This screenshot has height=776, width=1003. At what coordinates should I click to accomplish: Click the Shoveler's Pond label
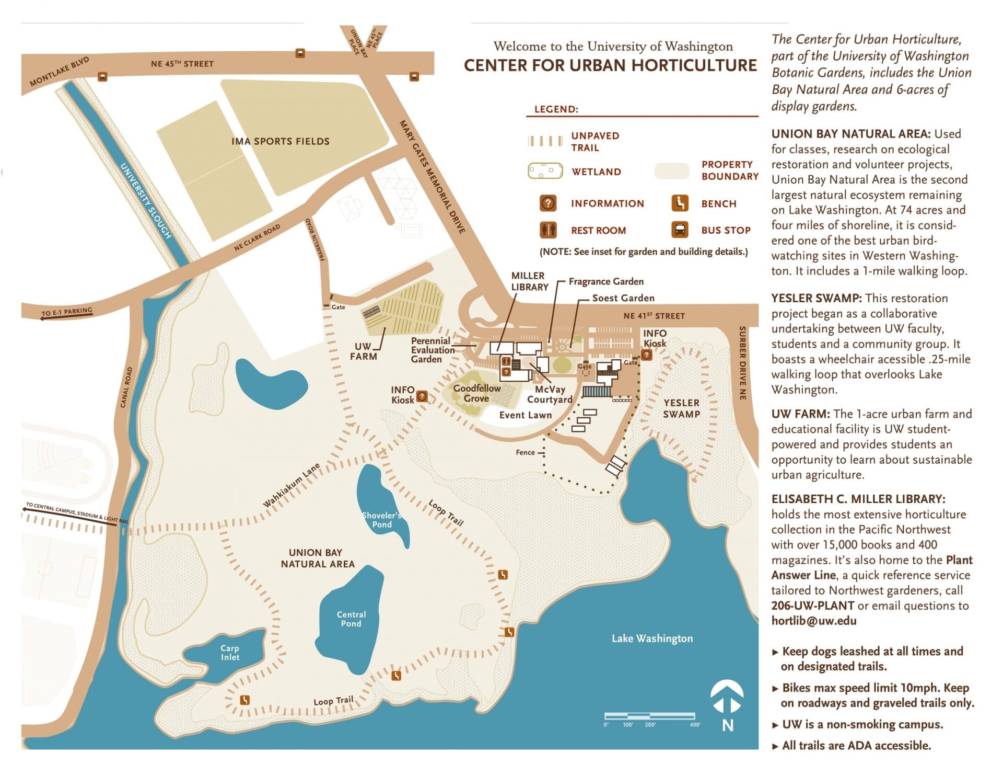pyautogui.click(x=381, y=520)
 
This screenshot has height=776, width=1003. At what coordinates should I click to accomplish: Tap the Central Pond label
pyautogui.click(x=351, y=619)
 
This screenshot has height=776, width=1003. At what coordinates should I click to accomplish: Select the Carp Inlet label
pyautogui.click(x=230, y=653)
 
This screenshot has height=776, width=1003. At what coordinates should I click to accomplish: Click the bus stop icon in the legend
pyautogui.click(x=680, y=230)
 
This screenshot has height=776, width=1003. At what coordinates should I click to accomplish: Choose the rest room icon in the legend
pyautogui.click(x=548, y=230)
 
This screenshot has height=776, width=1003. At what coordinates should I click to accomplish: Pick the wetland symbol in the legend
pyautogui.click(x=545, y=171)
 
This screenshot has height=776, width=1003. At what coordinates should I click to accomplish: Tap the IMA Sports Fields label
pyautogui.click(x=281, y=141)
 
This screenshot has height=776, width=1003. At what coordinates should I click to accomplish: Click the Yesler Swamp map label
pyautogui.click(x=681, y=408)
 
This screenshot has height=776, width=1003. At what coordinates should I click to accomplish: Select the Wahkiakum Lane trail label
pyautogui.click(x=291, y=485)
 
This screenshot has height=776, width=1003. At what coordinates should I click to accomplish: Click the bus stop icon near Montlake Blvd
pyautogui.click(x=102, y=76)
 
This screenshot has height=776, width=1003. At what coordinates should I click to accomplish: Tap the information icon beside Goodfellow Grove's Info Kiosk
pyautogui.click(x=422, y=396)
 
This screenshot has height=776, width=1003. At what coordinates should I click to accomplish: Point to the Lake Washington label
pyautogui.click(x=652, y=638)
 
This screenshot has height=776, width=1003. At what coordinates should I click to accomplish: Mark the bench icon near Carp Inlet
pyautogui.click(x=244, y=700)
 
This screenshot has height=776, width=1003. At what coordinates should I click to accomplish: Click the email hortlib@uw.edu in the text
pyautogui.click(x=814, y=621)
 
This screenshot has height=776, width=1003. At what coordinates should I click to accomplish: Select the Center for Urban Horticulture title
pyautogui.click(x=610, y=65)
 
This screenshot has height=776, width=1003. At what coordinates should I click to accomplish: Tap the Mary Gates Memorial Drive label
pyautogui.click(x=432, y=177)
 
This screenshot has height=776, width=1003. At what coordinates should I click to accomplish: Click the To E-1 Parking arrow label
pyautogui.click(x=67, y=312)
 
